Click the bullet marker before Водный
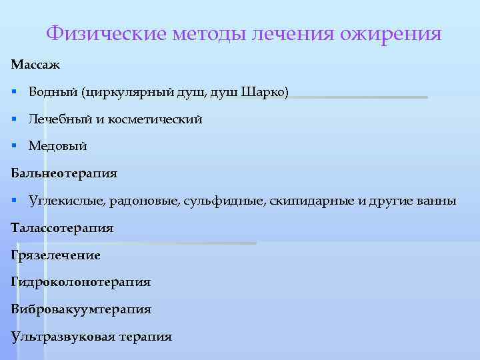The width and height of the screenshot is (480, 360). [14, 92]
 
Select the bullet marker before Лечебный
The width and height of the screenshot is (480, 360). [14, 119]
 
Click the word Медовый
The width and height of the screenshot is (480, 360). [58, 146]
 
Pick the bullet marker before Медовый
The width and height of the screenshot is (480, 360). [14, 146]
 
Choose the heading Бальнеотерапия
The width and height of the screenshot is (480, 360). [64, 173]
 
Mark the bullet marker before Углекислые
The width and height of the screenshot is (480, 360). [14, 201]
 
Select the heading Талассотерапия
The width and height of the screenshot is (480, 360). [62, 228]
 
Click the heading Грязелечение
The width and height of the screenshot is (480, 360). [56, 255]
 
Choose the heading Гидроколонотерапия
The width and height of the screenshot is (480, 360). [81, 283]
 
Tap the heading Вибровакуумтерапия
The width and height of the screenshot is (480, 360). [81, 310]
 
